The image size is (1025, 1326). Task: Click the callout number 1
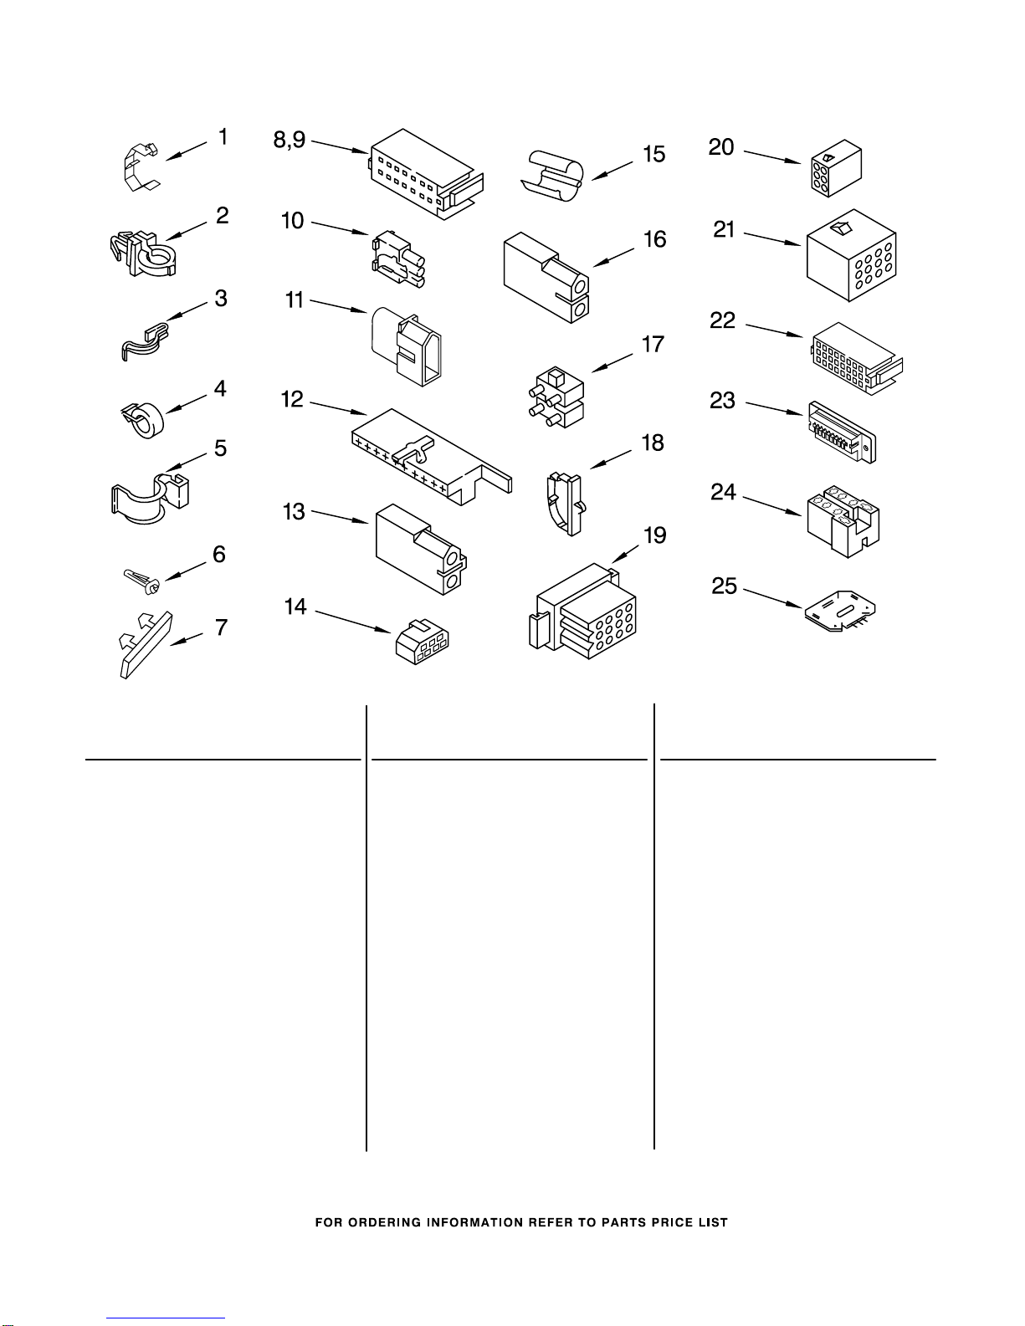pyautogui.click(x=223, y=136)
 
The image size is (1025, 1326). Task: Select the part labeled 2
pyautogui.click(x=143, y=253)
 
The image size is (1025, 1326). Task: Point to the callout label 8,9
pyautogui.click(x=290, y=141)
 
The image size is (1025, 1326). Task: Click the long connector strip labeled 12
pyautogui.click(x=432, y=457)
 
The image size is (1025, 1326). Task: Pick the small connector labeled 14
pyautogui.click(x=423, y=642)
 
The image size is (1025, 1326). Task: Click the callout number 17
pyautogui.click(x=653, y=345)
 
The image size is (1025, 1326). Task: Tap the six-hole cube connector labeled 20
pyautogui.click(x=836, y=168)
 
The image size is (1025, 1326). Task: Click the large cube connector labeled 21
pyautogui.click(x=851, y=255)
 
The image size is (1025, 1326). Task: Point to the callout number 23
pyautogui.click(x=722, y=400)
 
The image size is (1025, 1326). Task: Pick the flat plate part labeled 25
pyautogui.click(x=839, y=611)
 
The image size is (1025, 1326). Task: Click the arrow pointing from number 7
pyautogui.click(x=186, y=639)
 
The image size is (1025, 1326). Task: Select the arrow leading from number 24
pyautogui.click(x=771, y=506)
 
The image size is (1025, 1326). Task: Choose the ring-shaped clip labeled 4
pyautogui.click(x=143, y=419)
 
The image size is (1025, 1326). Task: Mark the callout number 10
pyautogui.click(x=292, y=220)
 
